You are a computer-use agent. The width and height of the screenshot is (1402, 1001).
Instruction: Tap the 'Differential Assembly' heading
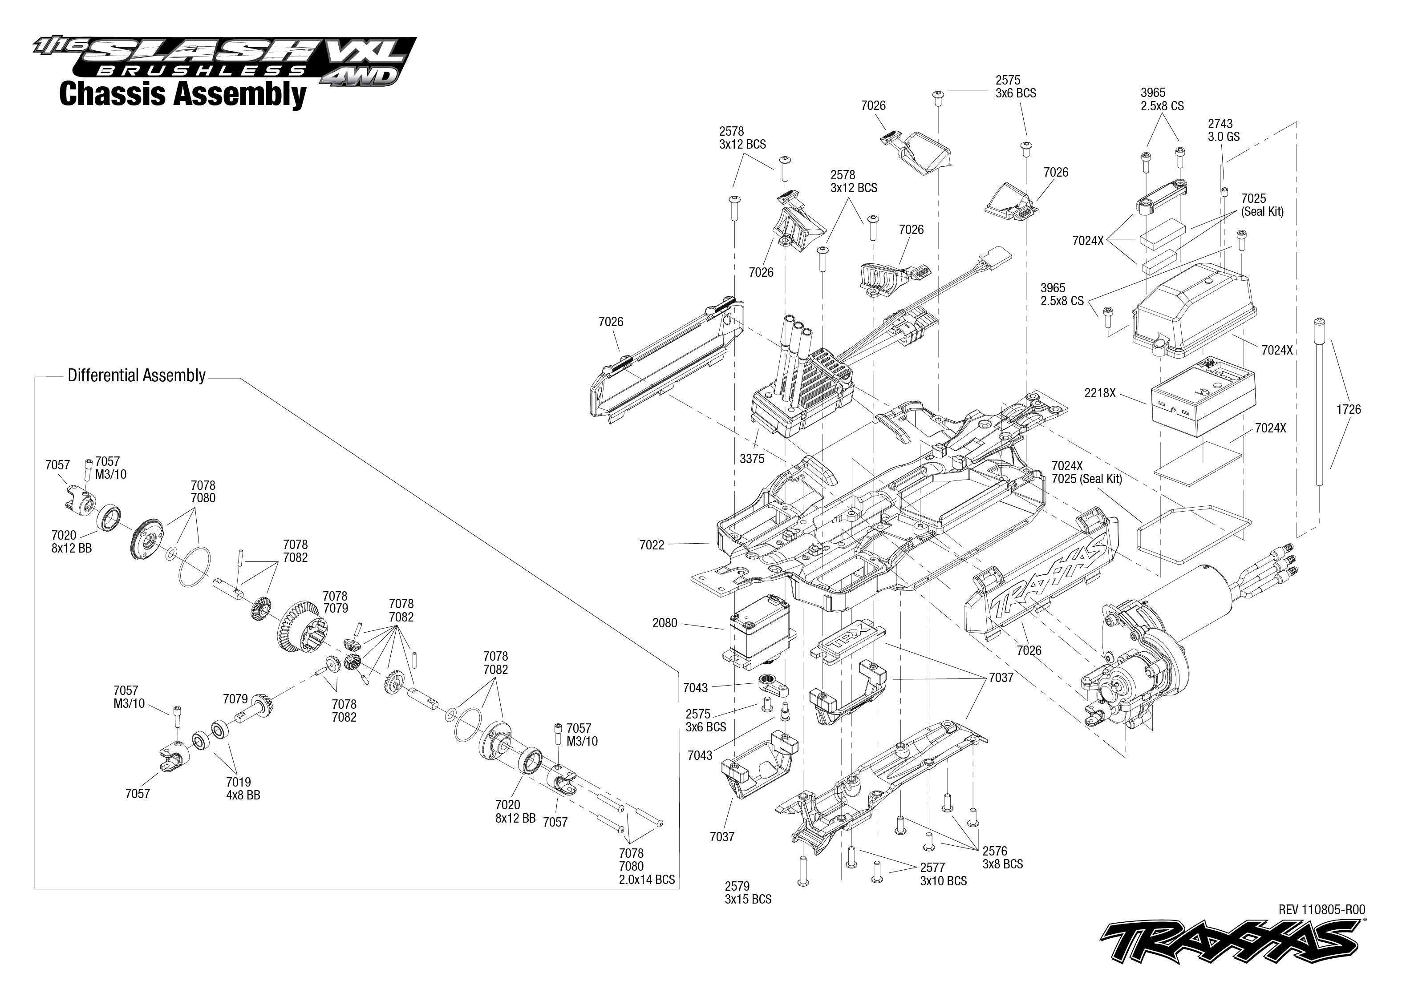point(136,375)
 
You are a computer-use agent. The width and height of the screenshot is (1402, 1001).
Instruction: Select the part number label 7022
point(652,545)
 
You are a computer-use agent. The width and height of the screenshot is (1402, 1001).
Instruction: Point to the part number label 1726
point(1348,409)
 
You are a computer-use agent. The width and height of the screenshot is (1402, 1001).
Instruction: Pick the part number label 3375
point(752,459)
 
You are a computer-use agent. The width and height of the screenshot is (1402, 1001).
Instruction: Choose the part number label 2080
point(665,623)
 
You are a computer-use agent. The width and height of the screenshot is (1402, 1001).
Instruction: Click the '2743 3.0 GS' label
point(1223,130)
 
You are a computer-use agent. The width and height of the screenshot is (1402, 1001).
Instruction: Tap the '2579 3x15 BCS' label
point(748,892)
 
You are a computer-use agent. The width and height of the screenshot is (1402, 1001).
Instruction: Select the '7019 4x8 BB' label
point(243,789)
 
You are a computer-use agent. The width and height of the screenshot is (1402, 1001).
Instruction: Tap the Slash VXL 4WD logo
point(226,61)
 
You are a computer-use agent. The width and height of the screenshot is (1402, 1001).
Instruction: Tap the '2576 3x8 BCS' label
point(1002,857)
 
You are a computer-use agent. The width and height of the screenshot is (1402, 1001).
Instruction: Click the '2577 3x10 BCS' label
point(943,874)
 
